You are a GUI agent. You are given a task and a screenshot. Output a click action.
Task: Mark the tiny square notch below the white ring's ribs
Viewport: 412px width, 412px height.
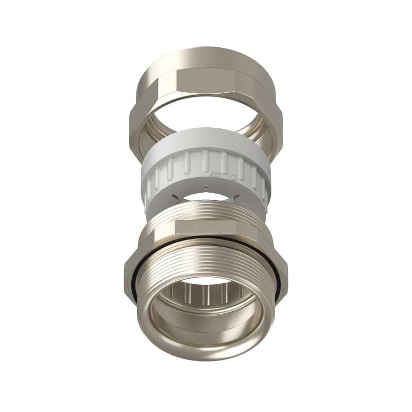tap(206, 189)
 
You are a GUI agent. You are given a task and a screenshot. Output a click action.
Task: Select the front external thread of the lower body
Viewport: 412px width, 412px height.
tap(206, 257)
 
